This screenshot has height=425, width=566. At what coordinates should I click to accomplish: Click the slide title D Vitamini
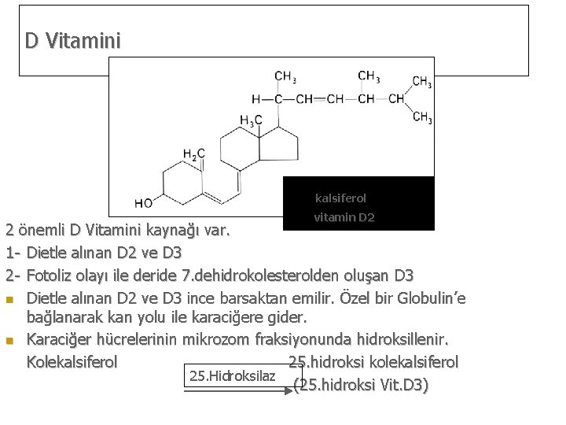click(72, 40)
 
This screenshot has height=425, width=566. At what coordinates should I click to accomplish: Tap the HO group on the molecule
click(143, 203)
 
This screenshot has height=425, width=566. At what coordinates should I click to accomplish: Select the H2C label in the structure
click(194, 153)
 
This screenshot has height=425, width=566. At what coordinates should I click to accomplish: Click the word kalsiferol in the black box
click(340, 198)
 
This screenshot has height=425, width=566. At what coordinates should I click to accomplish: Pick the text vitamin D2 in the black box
click(344, 216)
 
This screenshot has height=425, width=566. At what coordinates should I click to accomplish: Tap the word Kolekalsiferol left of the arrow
click(72, 363)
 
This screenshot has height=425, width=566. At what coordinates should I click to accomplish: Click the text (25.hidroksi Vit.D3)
click(361, 386)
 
